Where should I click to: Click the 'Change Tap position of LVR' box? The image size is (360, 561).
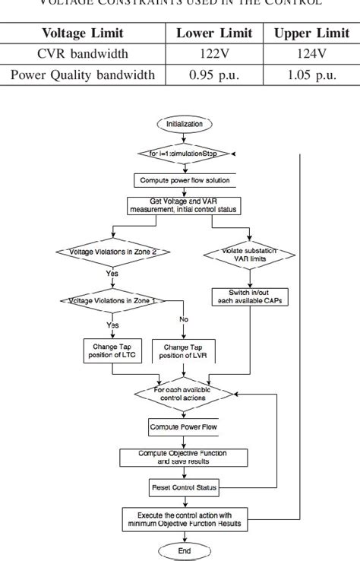[182, 350]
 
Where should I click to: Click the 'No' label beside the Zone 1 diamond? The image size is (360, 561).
[184, 320]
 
